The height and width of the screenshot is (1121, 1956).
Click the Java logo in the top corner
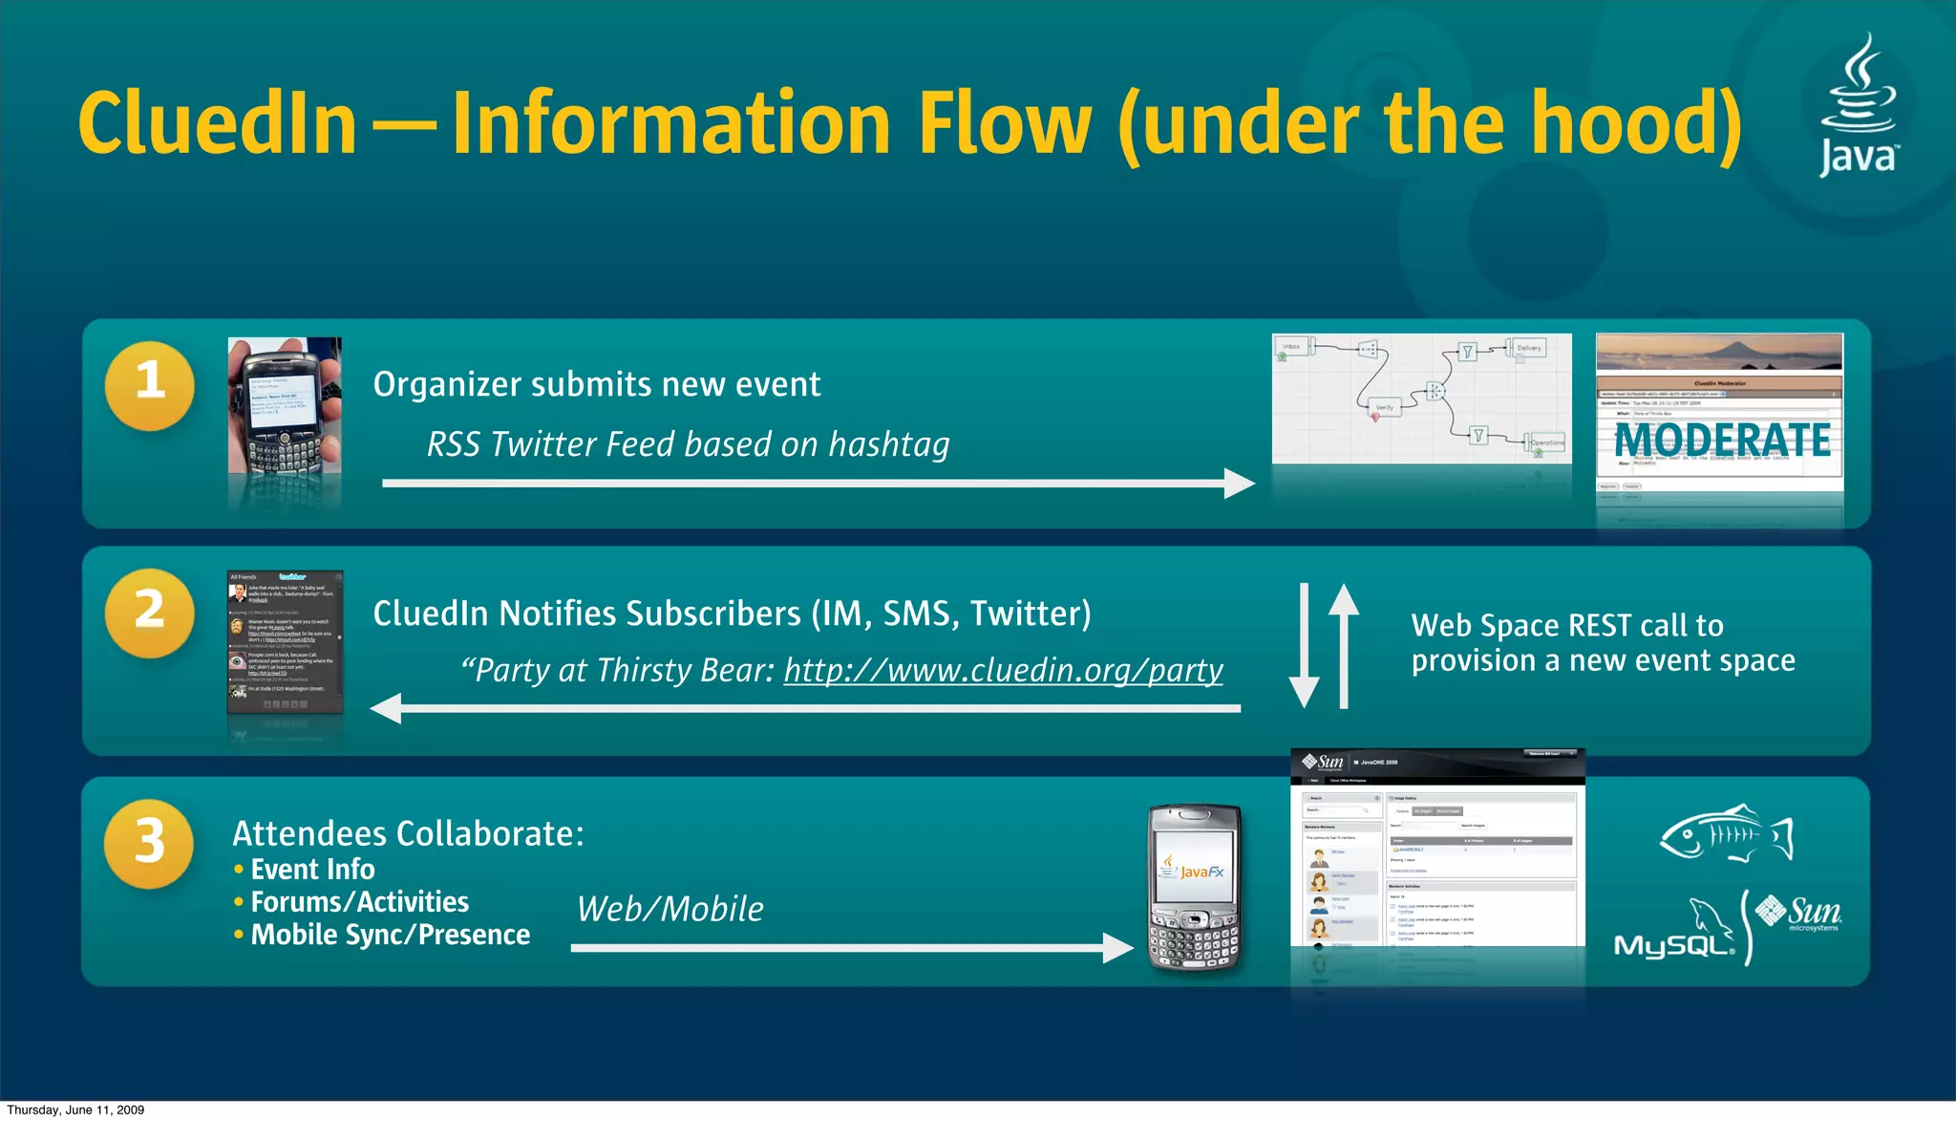coord(1858,105)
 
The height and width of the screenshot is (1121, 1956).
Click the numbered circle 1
coord(150,385)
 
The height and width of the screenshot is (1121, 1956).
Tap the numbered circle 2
coord(150,613)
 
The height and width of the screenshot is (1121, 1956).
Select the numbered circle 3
coord(150,844)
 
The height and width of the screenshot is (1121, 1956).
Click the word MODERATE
coord(1722,441)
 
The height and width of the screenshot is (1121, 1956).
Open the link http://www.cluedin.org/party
coord(1003,671)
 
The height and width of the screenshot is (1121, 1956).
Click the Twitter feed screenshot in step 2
coord(285,642)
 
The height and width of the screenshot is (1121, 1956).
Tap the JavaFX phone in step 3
coord(1195,886)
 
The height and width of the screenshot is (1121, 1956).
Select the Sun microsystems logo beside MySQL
coord(1801,913)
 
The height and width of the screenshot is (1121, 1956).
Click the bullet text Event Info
coord(312,870)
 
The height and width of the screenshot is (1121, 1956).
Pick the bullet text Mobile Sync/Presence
coord(390,935)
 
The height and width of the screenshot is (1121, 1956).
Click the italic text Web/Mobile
coord(670,909)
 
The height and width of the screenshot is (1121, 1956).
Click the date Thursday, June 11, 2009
coord(75,1110)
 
